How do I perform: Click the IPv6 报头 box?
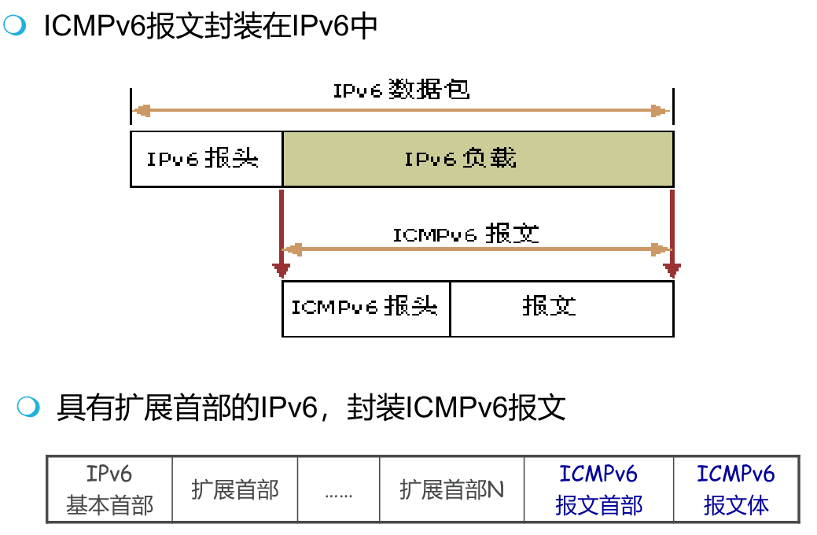click(x=205, y=159)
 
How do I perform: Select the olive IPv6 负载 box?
click(x=477, y=159)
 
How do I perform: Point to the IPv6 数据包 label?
click(x=401, y=90)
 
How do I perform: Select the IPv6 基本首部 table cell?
click(x=109, y=489)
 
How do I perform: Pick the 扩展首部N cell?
click(x=451, y=490)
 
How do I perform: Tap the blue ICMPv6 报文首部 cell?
click(x=598, y=489)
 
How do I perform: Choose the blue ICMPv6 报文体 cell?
click(x=736, y=489)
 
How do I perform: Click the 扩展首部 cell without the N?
click(x=235, y=490)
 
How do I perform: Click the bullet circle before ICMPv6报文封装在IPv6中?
click(x=15, y=26)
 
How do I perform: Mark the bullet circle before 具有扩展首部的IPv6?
click(x=28, y=407)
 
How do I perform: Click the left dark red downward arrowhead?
click(x=281, y=271)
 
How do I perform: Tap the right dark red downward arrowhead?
click(x=672, y=271)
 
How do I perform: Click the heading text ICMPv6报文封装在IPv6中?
click(x=211, y=27)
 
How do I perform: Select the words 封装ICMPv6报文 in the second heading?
click(x=456, y=408)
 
